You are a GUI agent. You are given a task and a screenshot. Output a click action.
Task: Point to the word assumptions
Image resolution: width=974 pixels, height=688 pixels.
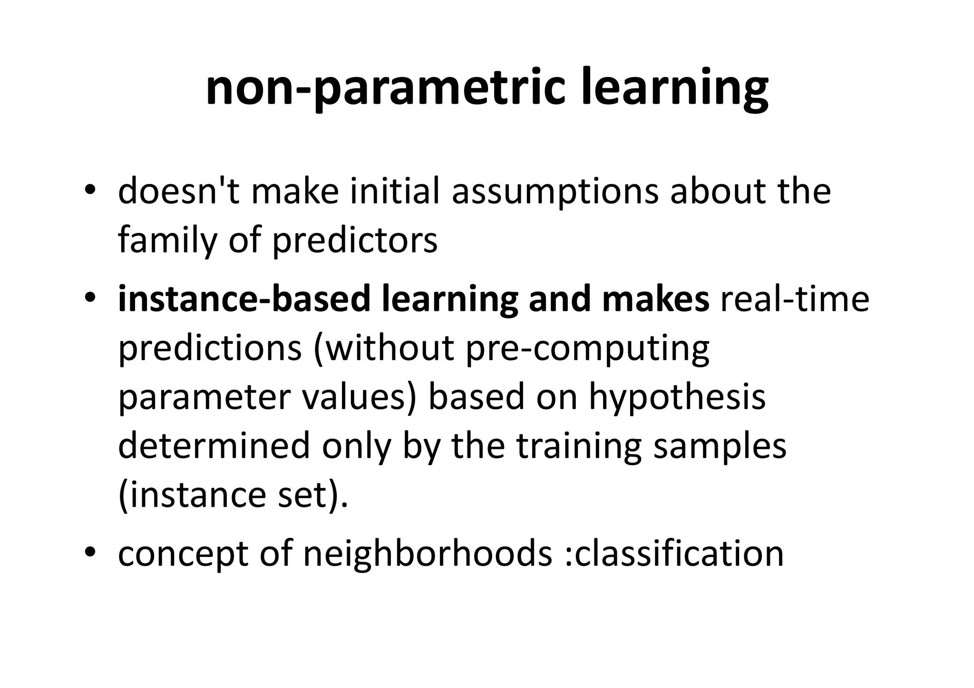(x=555, y=191)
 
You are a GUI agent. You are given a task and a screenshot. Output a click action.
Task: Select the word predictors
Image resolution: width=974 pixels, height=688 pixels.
(x=354, y=240)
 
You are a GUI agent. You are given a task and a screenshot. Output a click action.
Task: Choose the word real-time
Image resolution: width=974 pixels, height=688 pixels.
(x=795, y=299)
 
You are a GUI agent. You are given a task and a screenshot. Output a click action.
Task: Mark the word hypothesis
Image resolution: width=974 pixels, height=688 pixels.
(x=677, y=398)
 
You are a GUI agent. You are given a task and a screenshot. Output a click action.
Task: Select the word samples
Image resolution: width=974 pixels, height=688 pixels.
(x=720, y=447)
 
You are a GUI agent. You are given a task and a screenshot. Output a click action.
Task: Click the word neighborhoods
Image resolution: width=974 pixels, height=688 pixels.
(x=428, y=554)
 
